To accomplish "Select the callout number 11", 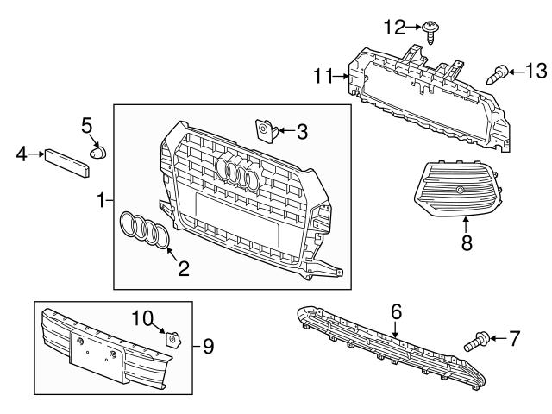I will (x=323, y=77).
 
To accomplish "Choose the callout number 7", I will (x=514, y=339).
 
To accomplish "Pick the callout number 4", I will (x=22, y=155).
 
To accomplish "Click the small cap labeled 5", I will (x=97, y=153).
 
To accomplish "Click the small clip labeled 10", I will (x=172, y=339).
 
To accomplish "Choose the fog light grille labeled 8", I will (x=457, y=190).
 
